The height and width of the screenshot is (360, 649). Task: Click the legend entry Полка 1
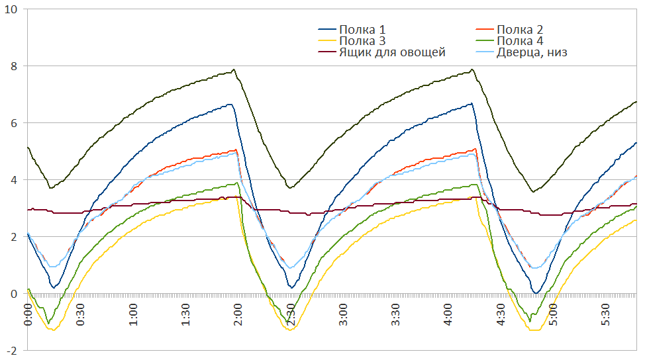(x=362, y=30)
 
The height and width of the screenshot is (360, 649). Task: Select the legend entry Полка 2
(x=519, y=30)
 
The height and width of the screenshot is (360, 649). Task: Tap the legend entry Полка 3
(x=362, y=41)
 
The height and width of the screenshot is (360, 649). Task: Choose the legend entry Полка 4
(x=519, y=41)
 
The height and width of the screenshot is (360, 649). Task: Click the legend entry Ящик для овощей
(x=391, y=52)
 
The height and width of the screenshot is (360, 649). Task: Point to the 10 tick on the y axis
(x=12, y=9)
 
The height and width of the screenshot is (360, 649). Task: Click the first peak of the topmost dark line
(x=234, y=69)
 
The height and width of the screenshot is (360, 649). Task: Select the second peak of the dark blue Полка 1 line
(x=471, y=103)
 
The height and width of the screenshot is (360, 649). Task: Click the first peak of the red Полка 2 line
(x=236, y=150)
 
